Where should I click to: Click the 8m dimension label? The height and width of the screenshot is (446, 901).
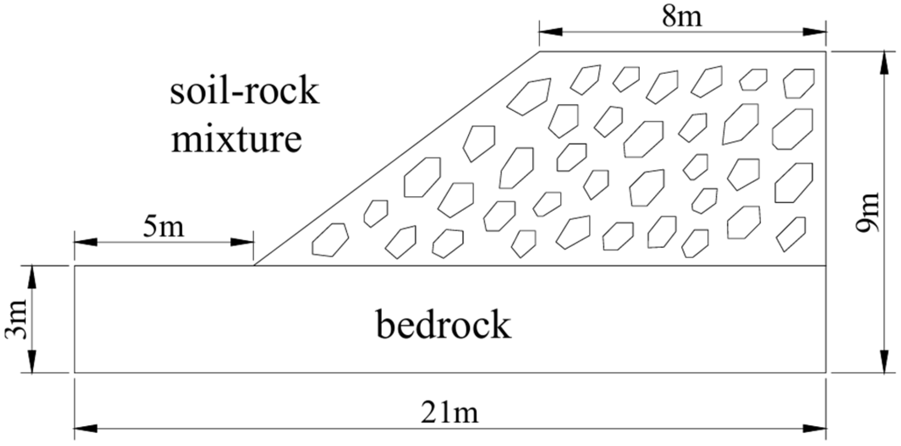coord(682,17)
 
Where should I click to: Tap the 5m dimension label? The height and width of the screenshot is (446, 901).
coord(164,227)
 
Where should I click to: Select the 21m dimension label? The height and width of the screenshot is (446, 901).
coord(450,413)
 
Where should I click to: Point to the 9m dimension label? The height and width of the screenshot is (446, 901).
coord(868,212)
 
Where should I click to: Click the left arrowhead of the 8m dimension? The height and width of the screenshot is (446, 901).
coord(551,32)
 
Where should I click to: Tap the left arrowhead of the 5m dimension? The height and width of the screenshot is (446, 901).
coord(86,242)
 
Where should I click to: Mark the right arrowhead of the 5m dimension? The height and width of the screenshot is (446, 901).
coord(242,242)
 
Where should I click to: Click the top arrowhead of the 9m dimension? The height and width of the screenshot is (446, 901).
coord(883,63)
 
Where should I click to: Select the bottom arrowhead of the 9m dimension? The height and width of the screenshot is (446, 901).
coord(883,361)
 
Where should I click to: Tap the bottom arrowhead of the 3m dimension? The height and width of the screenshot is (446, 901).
coord(32,361)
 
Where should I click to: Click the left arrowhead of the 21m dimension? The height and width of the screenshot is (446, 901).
coord(86,429)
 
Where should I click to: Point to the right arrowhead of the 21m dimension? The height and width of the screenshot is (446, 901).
coord(815,429)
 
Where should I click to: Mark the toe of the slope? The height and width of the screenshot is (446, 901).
coord(254,265)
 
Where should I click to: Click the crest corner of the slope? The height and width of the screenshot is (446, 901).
coord(540,52)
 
